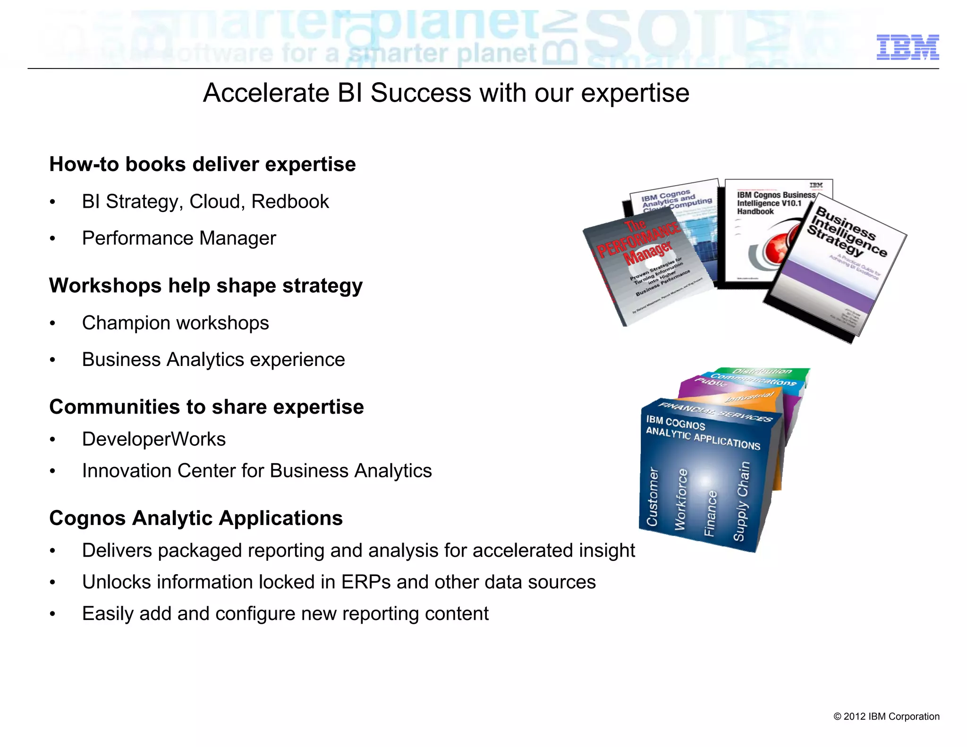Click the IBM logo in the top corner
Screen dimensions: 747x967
pyautogui.click(x=907, y=47)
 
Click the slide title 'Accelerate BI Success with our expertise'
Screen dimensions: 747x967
pyautogui.click(x=446, y=93)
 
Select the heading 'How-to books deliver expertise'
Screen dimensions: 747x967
pyautogui.click(x=203, y=164)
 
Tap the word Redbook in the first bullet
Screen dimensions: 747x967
pyautogui.click(x=290, y=202)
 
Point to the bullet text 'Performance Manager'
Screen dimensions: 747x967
pyautogui.click(x=179, y=238)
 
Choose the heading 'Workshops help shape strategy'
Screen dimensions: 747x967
pyautogui.click(x=206, y=286)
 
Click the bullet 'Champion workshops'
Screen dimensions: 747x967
pyautogui.click(x=175, y=323)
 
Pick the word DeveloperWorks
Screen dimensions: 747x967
pyautogui.click(x=154, y=439)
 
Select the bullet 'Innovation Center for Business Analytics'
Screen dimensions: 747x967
pyautogui.click(x=257, y=471)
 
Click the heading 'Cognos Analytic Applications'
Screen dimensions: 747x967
pyautogui.click(x=196, y=518)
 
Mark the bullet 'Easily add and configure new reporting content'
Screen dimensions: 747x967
pyautogui.click(x=285, y=614)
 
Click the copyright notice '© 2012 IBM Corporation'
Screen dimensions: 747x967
pyautogui.click(x=886, y=716)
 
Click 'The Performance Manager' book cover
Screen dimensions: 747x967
pyautogui.click(x=647, y=264)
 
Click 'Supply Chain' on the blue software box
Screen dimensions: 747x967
pyautogui.click(x=741, y=501)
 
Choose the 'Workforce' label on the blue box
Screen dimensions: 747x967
pyautogui.click(x=681, y=499)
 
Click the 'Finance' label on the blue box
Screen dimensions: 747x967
pyautogui.click(x=711, y=513)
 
